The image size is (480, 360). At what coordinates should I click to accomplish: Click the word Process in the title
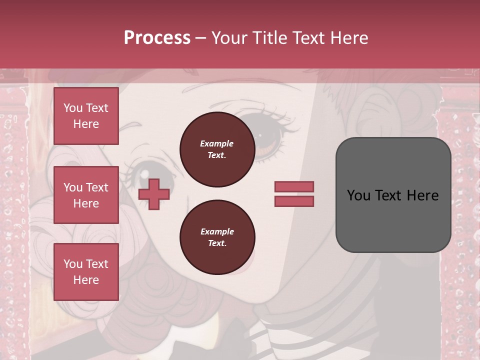[x=157, y=38]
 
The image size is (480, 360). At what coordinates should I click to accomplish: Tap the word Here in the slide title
[x=346, y=38]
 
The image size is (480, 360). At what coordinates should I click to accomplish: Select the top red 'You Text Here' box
[x=86, y=116]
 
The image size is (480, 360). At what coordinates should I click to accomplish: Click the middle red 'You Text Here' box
[x=86, y=195]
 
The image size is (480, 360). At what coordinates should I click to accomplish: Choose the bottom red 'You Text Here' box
[x=86, y=272]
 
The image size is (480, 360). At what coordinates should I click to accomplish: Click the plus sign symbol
[x=153, y=194]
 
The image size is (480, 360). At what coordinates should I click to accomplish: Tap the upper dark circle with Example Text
[x=217, y=149]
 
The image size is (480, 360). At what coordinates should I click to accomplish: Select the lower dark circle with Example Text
[x=217, y=237]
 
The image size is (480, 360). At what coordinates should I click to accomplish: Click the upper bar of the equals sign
[x=294, y=186]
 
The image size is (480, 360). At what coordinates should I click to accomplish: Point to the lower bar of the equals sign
[x=294, y=201]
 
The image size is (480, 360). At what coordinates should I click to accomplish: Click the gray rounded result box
[x=393, y=195]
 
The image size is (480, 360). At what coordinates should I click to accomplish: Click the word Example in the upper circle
[x=217, y=143]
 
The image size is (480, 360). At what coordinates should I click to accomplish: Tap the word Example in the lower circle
[x=217, y=231]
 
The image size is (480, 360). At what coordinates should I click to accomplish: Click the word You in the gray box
[x=358, y=195]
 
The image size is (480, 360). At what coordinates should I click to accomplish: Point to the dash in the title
[x=200, y=38]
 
